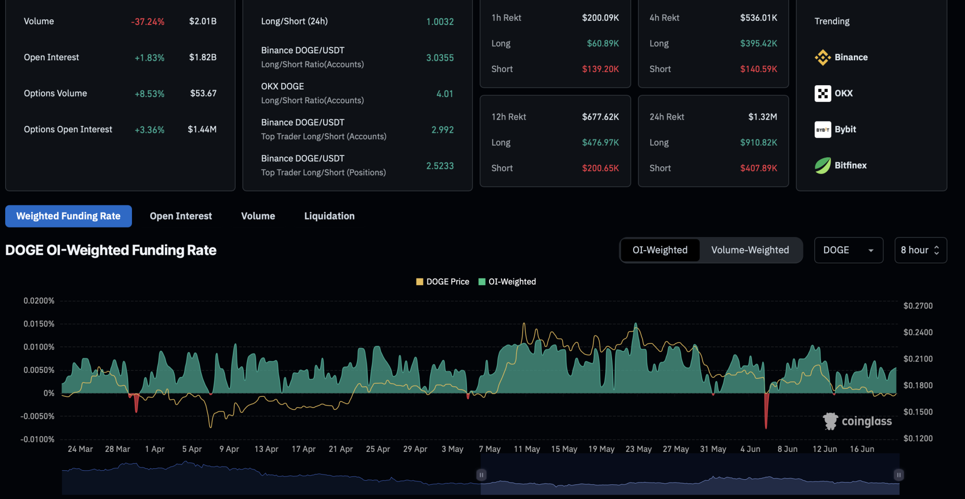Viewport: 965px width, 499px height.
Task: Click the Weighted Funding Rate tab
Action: (x=68, y=216)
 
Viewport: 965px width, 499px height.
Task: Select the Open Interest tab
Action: (x=180, y=216)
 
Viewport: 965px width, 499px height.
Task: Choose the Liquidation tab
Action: (x=329, y=216)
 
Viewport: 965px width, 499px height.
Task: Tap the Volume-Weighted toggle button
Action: (x=750, y=250)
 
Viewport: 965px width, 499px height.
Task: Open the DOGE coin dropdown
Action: (x=848, y=250)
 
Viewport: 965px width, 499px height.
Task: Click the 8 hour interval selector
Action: (x=920, y=250)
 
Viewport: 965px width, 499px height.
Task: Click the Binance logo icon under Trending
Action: (x=823, y=57)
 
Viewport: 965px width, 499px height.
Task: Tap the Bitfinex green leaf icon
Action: (x=823, y=165)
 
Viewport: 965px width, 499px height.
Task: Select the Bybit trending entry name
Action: (x=845, y=130)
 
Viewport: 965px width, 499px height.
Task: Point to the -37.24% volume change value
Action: (x=147, y=22)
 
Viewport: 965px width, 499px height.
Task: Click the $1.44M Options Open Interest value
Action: (x=202, y=130)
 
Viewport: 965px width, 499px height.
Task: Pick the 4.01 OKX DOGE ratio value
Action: (x=444, y=94)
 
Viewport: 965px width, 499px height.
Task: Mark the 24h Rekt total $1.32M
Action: (x=762, y=117)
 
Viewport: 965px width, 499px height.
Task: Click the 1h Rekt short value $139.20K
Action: (x=600, y=69)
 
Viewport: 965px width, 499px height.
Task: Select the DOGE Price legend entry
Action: (x=443, y=282)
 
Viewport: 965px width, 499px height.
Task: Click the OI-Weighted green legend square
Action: (x=482, y=282)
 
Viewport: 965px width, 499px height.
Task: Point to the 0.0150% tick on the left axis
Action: (x=39, y=324)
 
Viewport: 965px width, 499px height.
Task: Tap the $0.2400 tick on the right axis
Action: (x=918, y=333)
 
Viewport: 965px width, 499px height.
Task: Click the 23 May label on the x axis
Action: (x=638, y=450)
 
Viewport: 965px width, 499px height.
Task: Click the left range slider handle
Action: (x=481, y=475)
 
